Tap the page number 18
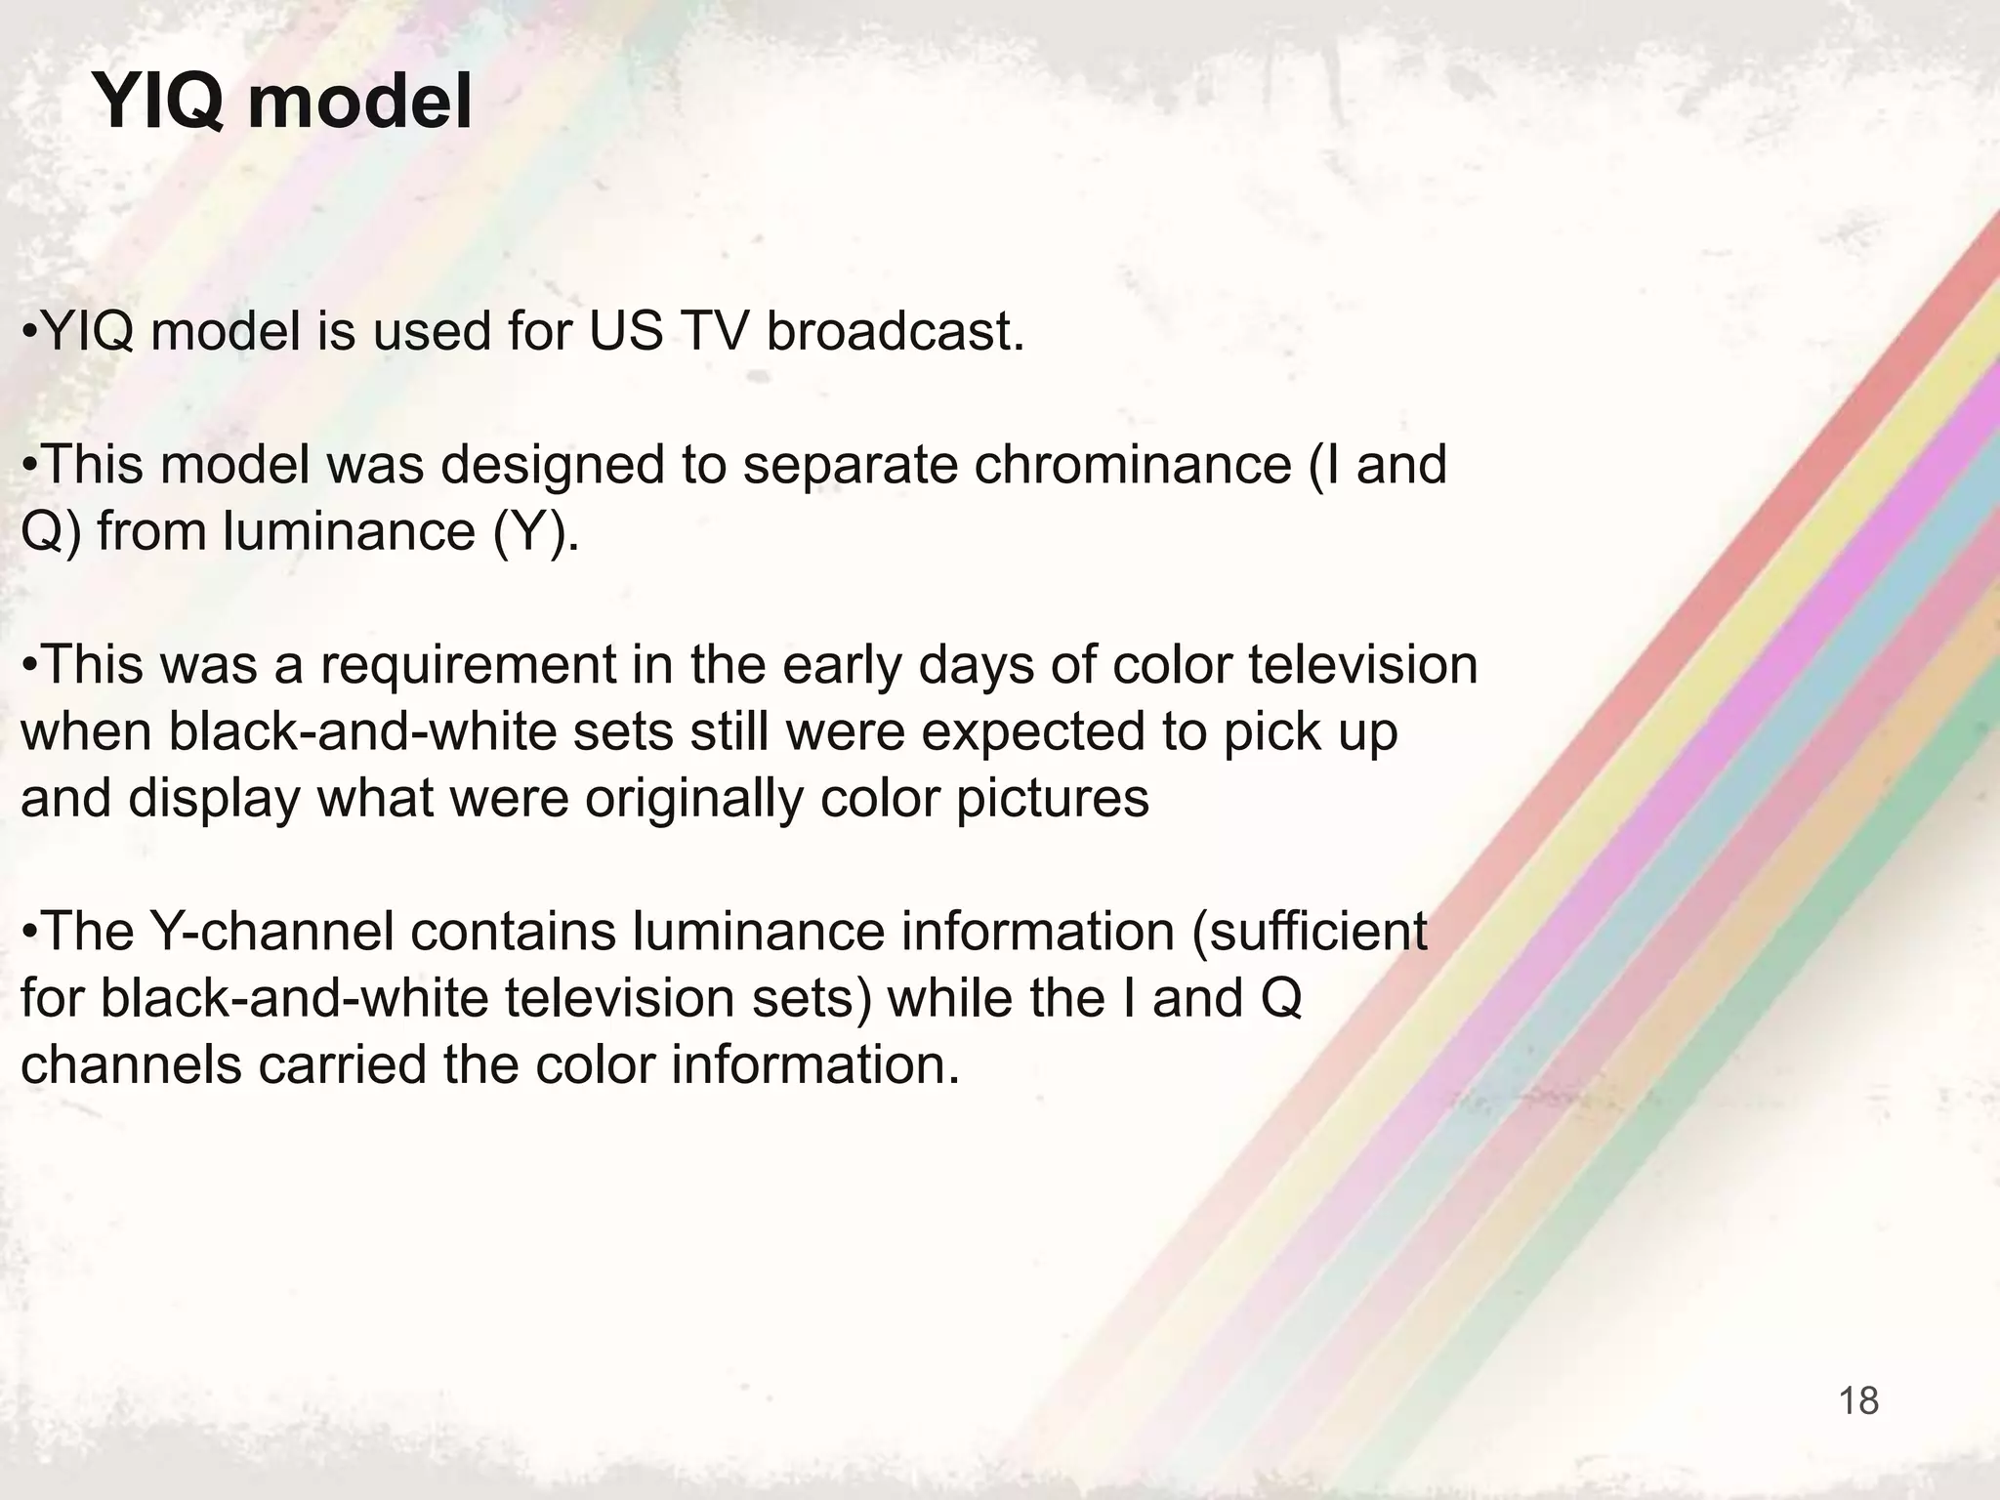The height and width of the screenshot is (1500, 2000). pos(1858,1400)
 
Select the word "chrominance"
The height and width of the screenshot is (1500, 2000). pos(1133,465)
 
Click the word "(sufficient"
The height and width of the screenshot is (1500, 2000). pos(1309,932)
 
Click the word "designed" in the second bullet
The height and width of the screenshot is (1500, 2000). pos(553,465)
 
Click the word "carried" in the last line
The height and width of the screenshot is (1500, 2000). pos(342,1064)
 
